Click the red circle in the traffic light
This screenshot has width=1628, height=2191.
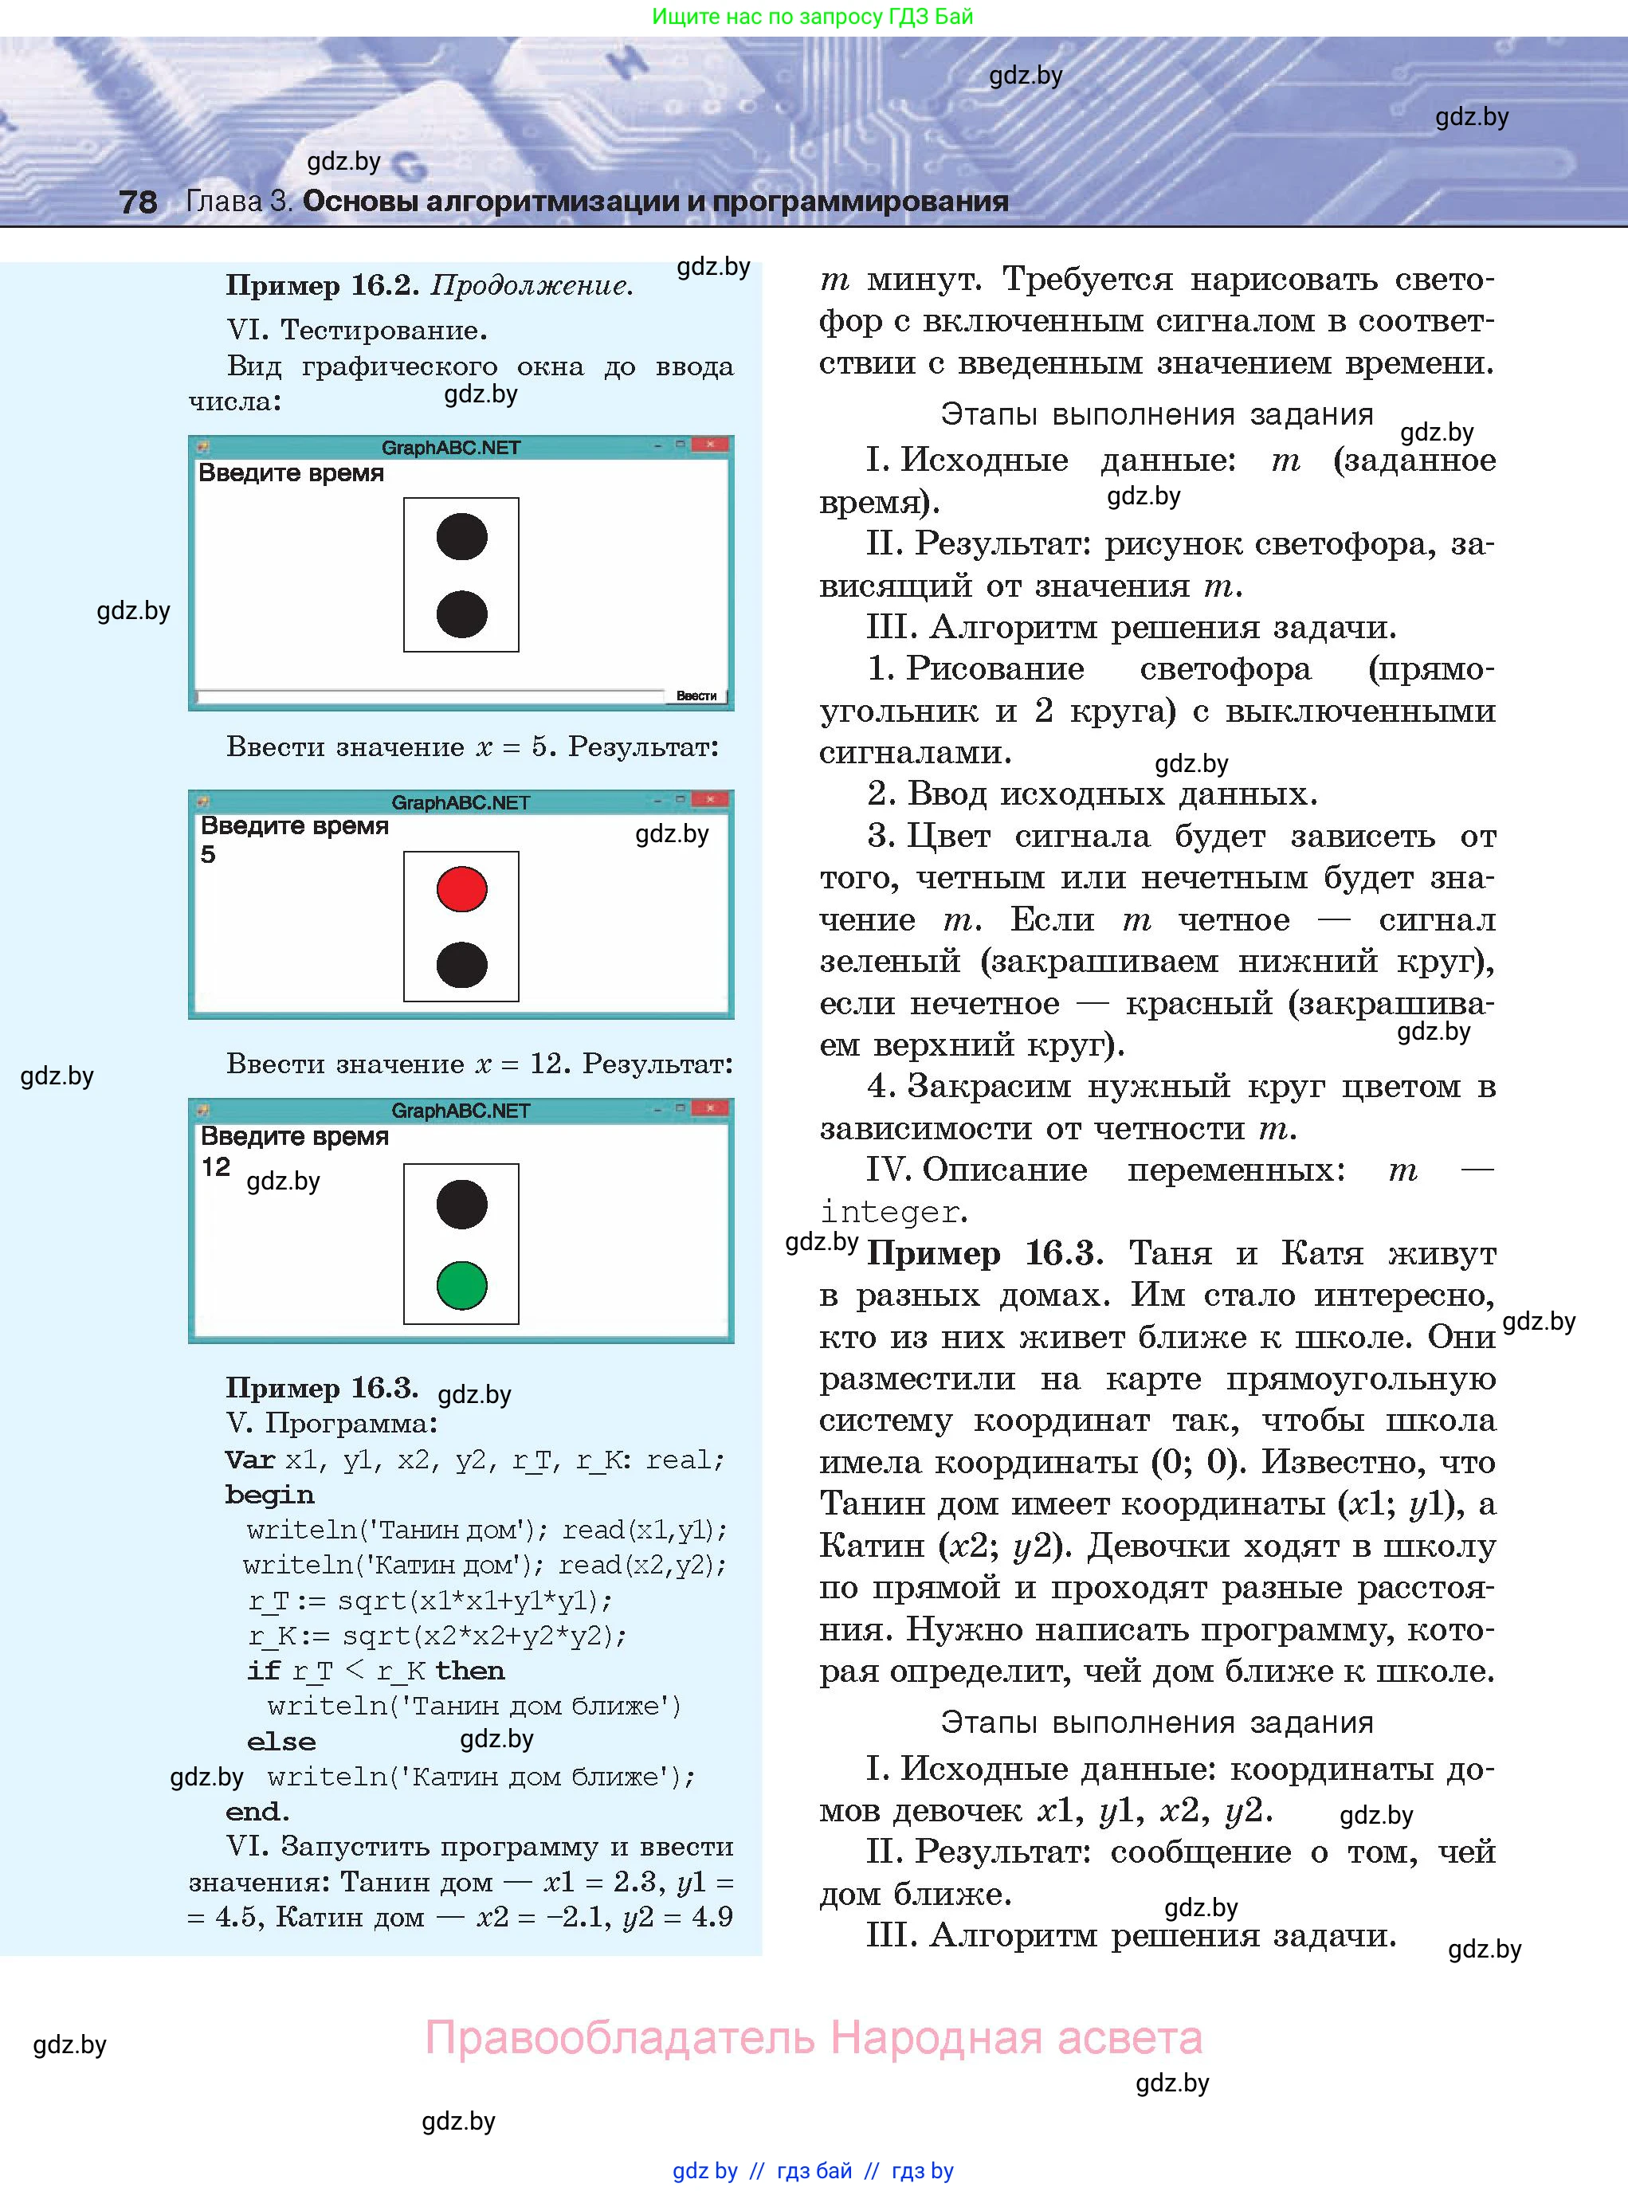coord(461,888)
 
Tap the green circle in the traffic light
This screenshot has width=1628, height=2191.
coord(461,1284)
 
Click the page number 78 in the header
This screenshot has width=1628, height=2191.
coord(138,202)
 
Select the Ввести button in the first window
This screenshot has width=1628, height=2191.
coord(696,696)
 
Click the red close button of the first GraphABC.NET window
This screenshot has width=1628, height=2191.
coord(711,445)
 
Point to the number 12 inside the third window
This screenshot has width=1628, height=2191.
coord(216,1167)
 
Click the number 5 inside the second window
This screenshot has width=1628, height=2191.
coord(208,854)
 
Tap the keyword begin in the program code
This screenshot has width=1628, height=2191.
coord(269,1495)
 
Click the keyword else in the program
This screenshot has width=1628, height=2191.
coord(280,1741)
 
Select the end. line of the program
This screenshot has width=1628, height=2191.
coord(257,1811)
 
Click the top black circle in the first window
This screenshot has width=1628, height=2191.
coord(461,537)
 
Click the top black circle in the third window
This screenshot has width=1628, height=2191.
coord(461,1204)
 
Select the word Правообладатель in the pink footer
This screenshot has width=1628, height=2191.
coord(620,2037)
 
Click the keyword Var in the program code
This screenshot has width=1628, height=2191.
coord(249,1459)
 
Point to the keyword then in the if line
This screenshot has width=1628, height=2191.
coord(469,1670)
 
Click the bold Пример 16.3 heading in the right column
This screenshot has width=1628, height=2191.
coord(982,1253)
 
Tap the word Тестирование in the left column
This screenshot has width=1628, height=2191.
coord(383,330)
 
